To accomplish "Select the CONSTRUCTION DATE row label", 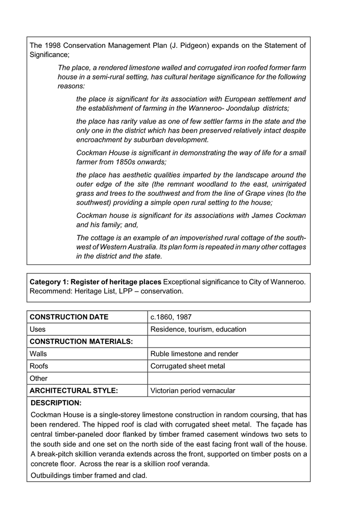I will (69, 317).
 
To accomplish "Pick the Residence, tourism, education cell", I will (198, 330).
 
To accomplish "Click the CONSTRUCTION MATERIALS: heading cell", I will (81, 341).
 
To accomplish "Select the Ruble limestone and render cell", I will (194, 354).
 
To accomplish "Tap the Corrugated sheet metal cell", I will (187, 366).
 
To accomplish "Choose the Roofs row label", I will (39, 366).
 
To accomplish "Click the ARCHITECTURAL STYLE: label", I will (74, 391).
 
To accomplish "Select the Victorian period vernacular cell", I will (193, 391).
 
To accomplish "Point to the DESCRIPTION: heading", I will (56, 403).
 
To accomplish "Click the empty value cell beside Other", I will (228, 378).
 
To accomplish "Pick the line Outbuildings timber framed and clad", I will (89, 476).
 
